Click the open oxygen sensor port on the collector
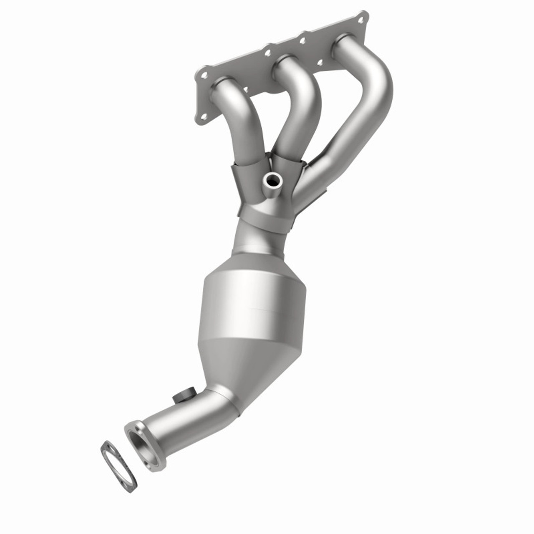click(274, 180)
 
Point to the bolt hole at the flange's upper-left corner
click(204, 75)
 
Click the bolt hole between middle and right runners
click(320, 63)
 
